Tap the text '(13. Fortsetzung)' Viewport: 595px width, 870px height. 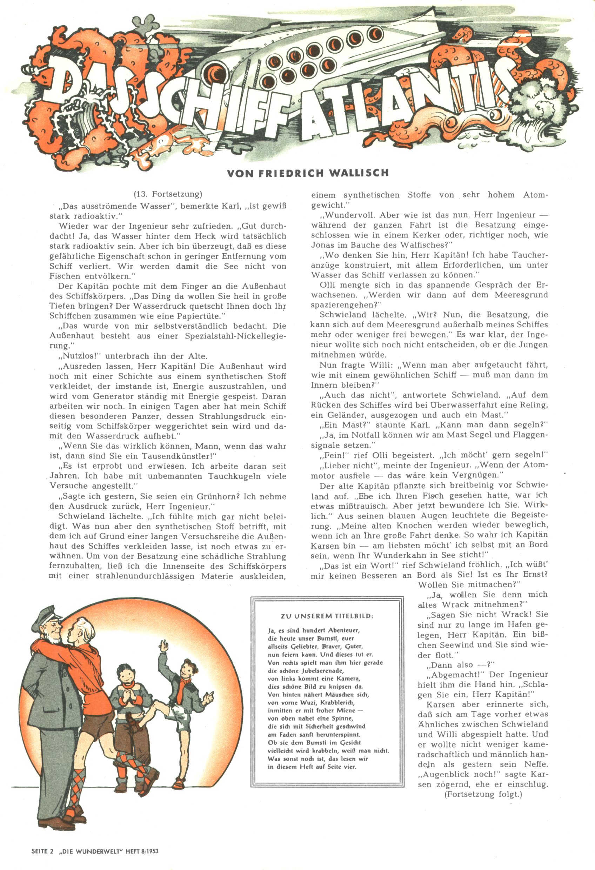(x=168, y=194)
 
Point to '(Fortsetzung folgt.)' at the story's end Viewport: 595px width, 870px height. (x=483, y=804)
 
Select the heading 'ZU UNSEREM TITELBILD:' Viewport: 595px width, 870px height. (x=327, y=616)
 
